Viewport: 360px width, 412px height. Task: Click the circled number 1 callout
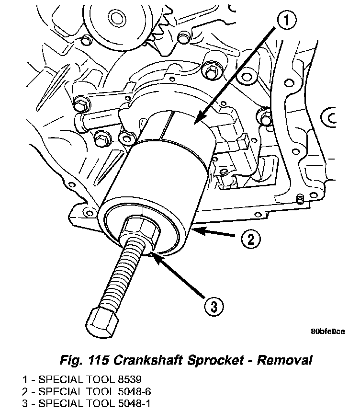[286, 21]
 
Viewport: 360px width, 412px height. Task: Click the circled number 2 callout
[250, 238]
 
